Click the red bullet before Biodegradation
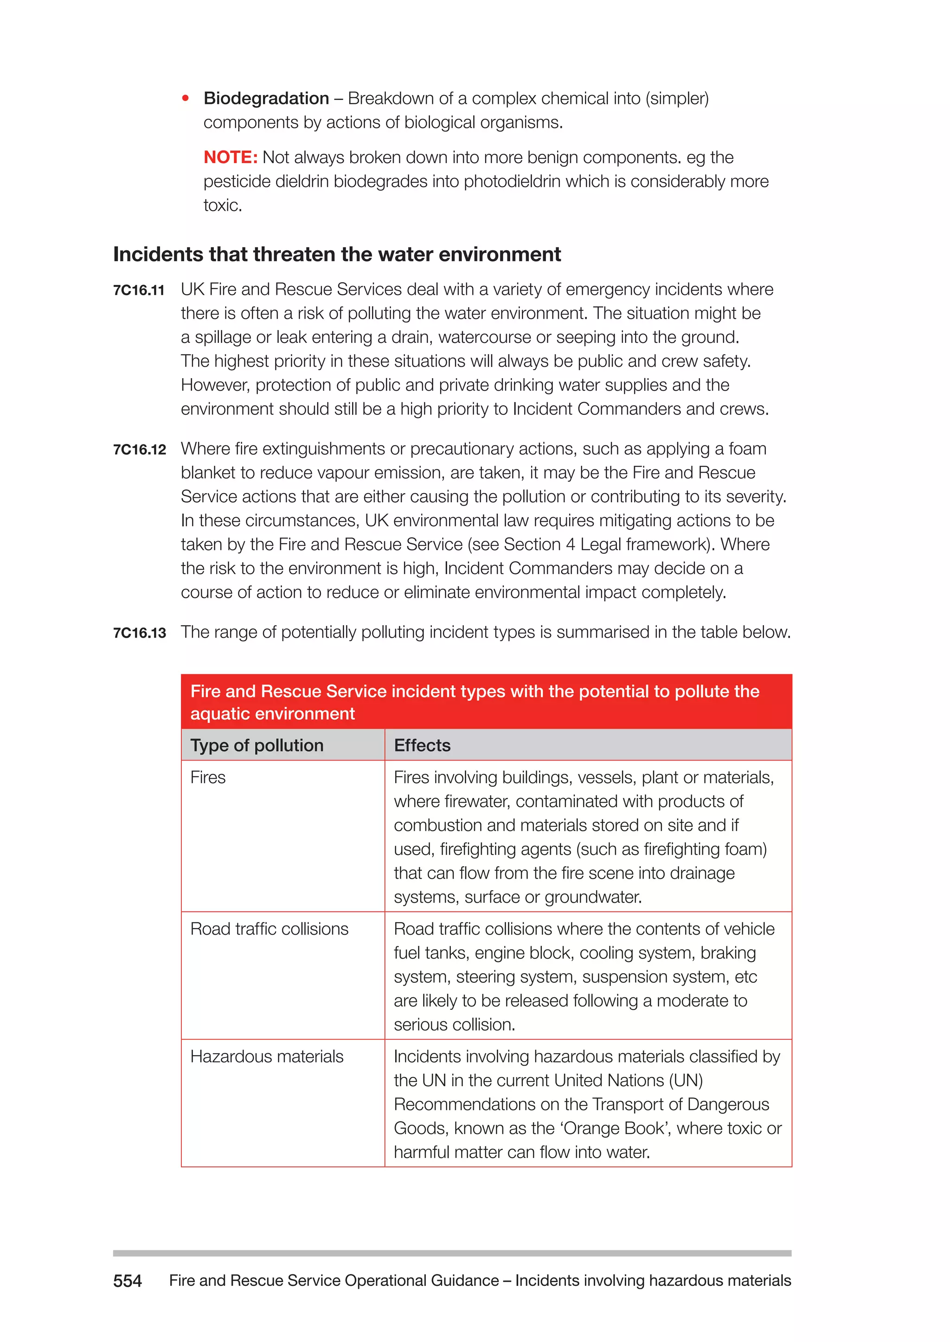[186, 98]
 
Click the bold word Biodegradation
[266, 98]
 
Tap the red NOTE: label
[231, 157]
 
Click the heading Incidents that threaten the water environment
[336, 254]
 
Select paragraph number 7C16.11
[139, 290]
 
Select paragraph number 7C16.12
[139, 449]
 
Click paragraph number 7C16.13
[139, 633]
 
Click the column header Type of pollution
[257, 745]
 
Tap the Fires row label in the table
[208, 778]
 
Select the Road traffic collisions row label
[269, 929]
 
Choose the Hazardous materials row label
[267, 1056]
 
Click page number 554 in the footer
[127, 1281]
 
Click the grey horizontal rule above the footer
[452, 1253]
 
